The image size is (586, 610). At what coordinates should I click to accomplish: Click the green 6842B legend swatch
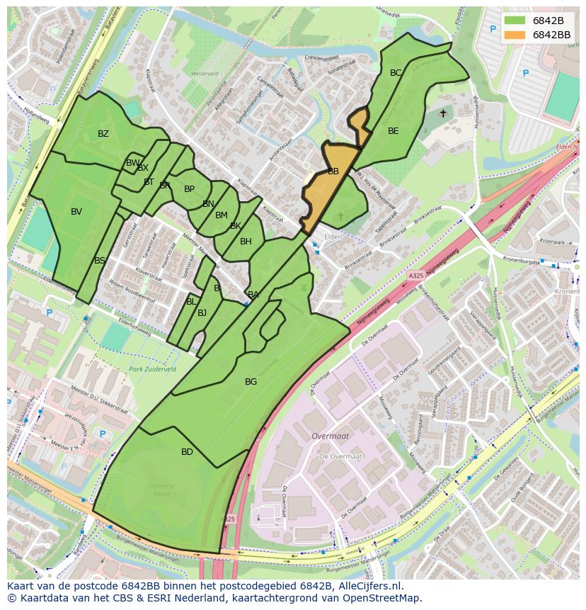point(515,20)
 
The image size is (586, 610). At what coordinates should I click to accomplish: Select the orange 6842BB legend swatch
point(515,35)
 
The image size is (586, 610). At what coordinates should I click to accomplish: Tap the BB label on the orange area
point(333,171)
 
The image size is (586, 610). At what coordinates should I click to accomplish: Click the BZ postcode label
point(103,134)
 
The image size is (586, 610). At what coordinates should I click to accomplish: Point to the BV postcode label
point(76,212)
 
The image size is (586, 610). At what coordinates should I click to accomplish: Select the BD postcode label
point(187,452)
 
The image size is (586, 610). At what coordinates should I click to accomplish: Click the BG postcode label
point(251,382)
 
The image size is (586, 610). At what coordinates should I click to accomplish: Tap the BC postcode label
point(396,73)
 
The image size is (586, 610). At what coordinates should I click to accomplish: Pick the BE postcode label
point(393,131)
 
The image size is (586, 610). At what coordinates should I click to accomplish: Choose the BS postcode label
point(100,261)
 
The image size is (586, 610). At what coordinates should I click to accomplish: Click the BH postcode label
point(246,242)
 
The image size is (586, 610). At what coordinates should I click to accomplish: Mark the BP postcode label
point(189,189)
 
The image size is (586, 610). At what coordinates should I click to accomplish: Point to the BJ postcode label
point(202,312)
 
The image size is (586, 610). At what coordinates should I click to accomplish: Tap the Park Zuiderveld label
point(152,370)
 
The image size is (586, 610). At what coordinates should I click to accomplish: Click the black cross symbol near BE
point(443,113)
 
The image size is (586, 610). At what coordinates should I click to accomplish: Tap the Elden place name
point(333,237)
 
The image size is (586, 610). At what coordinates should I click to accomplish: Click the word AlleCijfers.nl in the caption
point(368,586)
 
